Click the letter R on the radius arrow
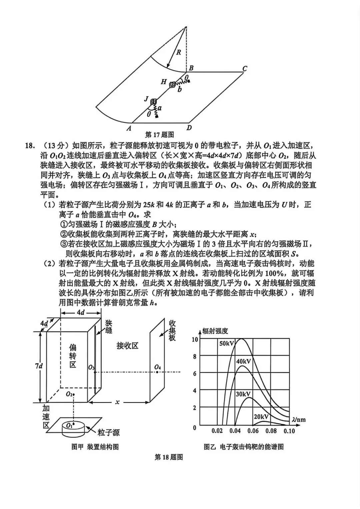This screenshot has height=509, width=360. click(179, 52)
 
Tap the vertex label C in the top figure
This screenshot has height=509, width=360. click(244, 69)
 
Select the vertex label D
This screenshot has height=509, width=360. click(189, 127)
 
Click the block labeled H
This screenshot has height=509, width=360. click(172, 85)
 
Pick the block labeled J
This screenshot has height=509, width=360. click(154, 102)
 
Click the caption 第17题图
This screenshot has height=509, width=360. click(160, 135)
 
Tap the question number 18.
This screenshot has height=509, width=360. click(28, 146)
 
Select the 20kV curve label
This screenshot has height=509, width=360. click(261, 417)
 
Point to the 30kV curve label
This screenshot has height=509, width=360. click(243, 394)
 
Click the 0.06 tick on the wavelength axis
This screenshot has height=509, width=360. click(253, 431)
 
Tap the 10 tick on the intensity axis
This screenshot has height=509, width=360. click(195, 340)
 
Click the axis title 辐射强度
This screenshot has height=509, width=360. click(215, 331)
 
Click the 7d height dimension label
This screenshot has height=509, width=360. click(39, 366)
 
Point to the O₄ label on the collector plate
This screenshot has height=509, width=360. click(158, 368)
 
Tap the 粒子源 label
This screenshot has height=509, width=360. click(109, 433)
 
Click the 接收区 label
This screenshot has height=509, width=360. click(127, 346)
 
